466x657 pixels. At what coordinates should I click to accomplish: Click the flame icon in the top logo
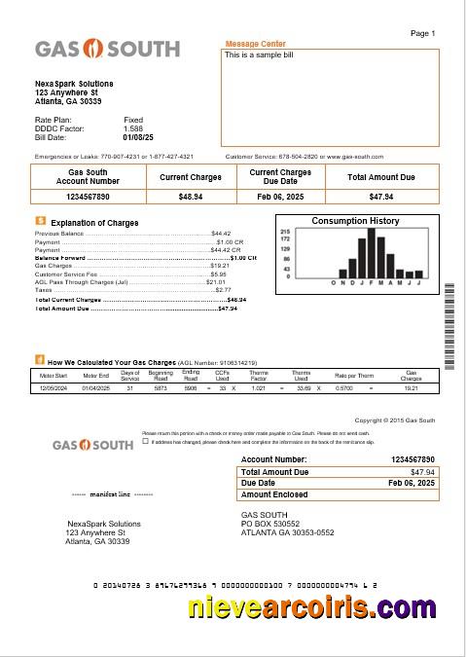[x=95, y=49]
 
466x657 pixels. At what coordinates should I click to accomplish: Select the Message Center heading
[x=256, y=44]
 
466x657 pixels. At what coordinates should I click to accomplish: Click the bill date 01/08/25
[x=134, y=137]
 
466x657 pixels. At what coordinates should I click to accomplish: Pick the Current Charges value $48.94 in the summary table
[x=191, y=197]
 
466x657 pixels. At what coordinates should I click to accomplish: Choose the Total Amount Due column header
[x=381, y=177]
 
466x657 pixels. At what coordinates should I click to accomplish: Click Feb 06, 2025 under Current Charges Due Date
[x=280, y=197]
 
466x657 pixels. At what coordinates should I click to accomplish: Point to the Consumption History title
[x=355, y=221]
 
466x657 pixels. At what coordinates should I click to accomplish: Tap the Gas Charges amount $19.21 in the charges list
[x=219, y=265]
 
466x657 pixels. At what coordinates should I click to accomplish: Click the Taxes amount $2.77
[x=223, y=290]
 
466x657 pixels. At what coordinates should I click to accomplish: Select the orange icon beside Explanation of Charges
[x=40, y=221]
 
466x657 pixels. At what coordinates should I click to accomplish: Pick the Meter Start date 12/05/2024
[x=54, y=388]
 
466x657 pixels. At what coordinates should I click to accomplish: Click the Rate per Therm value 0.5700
[x=343, y=388]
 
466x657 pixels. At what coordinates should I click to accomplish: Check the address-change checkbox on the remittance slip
[x=146, y=440]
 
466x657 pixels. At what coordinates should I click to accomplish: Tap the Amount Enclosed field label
[x=277, y=494]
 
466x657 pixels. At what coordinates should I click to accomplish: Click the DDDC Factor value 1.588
[x=133, y=128]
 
